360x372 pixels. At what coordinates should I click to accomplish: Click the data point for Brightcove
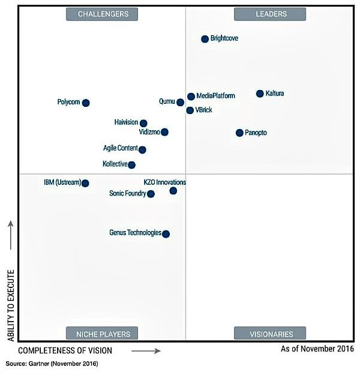[x=205, y=39]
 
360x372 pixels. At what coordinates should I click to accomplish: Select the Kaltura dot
[x=260, y=94]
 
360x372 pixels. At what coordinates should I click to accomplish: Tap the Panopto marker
[x=239, y=133]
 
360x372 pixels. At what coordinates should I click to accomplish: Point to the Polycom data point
[x=86, y=103]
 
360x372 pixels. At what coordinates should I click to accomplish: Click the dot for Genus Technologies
[x=166, y=234]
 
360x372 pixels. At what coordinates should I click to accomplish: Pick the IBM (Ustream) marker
[x=85, y=183]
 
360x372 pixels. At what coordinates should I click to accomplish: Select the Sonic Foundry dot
[x=151, y=194]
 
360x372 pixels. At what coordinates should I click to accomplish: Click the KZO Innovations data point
[x=173, y=191]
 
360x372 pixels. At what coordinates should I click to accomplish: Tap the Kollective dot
[x=132, y=165]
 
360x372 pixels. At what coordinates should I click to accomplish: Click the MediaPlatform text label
[x=215, y=96]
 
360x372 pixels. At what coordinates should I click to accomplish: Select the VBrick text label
[x=204, y=110]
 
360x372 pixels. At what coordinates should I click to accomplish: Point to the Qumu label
[x=167, y=102]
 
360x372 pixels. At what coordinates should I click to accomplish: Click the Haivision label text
[x=126, y=122]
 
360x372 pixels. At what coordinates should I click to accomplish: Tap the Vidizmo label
[x=149, y=132]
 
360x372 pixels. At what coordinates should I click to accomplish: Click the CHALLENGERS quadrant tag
[x=101, y=14]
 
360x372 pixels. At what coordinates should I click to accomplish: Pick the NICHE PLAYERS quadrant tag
[x=101, y=334]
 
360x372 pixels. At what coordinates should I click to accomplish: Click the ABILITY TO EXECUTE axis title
[x=11, y=304]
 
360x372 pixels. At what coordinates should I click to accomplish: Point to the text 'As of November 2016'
[x=316, y=348]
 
